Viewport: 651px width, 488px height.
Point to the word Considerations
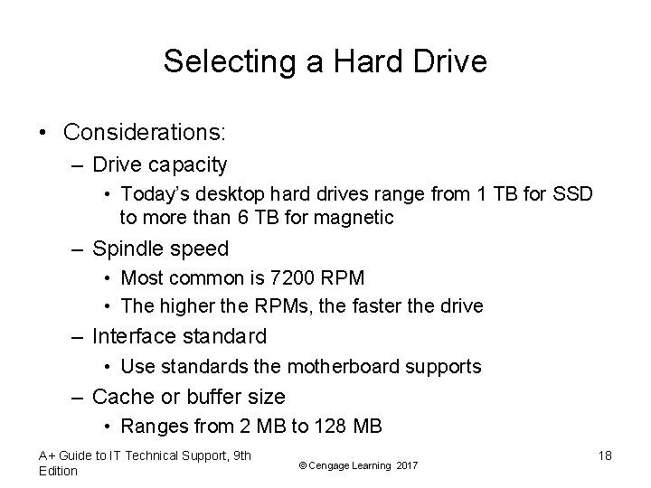pos(145,132)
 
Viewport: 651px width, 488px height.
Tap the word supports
pos(446,366)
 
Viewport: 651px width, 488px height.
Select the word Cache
pos(120,397)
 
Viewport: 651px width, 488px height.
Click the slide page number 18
pos(604,455)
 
